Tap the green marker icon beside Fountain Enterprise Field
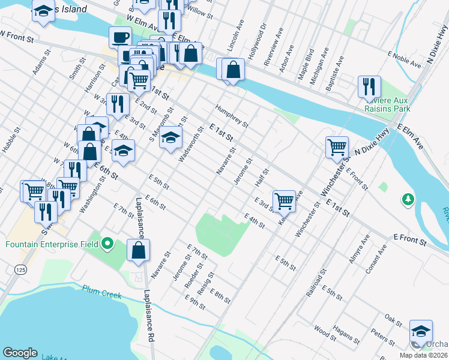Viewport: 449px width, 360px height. (107, 244)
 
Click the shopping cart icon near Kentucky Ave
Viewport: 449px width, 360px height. (284, 200)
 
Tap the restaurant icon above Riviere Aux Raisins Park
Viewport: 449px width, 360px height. (369, 86)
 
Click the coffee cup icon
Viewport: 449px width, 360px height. (120, 37)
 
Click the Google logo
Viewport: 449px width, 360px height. (20, 353)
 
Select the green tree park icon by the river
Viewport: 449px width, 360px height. (408, 199)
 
